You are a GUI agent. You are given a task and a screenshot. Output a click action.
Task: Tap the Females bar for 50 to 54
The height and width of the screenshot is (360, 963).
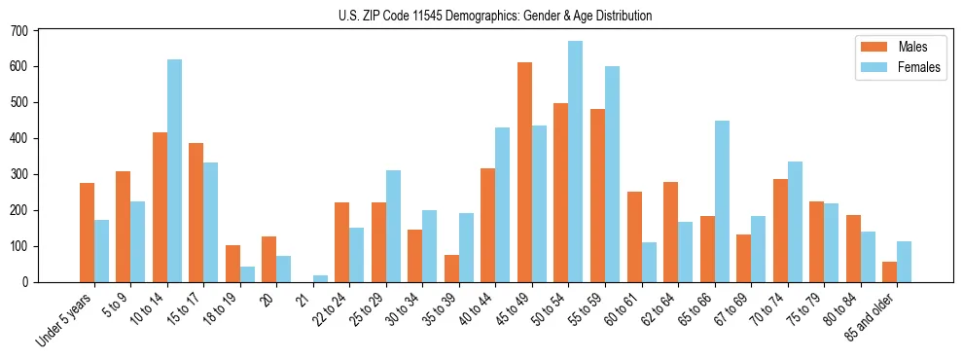(576, 162)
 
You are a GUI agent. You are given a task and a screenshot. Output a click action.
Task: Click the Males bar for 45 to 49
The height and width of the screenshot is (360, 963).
(524, 172)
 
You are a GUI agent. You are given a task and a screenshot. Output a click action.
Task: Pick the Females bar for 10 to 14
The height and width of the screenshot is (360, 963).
(174, 171)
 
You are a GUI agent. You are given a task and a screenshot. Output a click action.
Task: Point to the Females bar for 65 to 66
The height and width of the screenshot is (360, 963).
(722, 201)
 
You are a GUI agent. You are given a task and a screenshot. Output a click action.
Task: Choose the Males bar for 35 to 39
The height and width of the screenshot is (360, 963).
(451, 269)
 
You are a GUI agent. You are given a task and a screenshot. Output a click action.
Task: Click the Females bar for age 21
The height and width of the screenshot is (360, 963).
(320, 278)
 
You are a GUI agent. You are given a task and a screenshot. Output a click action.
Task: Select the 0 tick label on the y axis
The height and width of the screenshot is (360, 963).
(27, 282)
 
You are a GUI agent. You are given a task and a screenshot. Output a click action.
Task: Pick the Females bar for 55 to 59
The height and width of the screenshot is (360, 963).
(612, 174)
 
